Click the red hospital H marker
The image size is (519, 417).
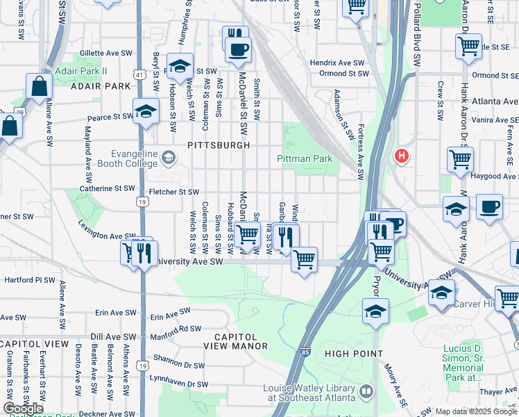[x=401, y=156]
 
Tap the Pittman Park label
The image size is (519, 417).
[x=305, y=159]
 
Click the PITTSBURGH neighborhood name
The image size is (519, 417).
[x=218, y=145]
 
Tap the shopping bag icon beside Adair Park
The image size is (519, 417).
[x=40, y=87]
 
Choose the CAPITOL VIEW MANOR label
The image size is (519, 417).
[x=235, y=345]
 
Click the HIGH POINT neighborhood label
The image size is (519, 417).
[x=354, y=354]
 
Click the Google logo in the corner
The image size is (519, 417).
[x=23, y=409]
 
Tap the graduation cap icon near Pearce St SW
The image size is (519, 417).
[x=146, y=111]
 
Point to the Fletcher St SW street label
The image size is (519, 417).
[x=173, y=192]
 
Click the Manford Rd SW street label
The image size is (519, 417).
[x=176, y=332]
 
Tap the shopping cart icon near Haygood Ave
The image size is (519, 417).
[x=460, y=159]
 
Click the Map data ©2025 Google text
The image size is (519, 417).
[x=475, y=411]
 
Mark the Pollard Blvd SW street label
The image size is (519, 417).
[x=417, y=35]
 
